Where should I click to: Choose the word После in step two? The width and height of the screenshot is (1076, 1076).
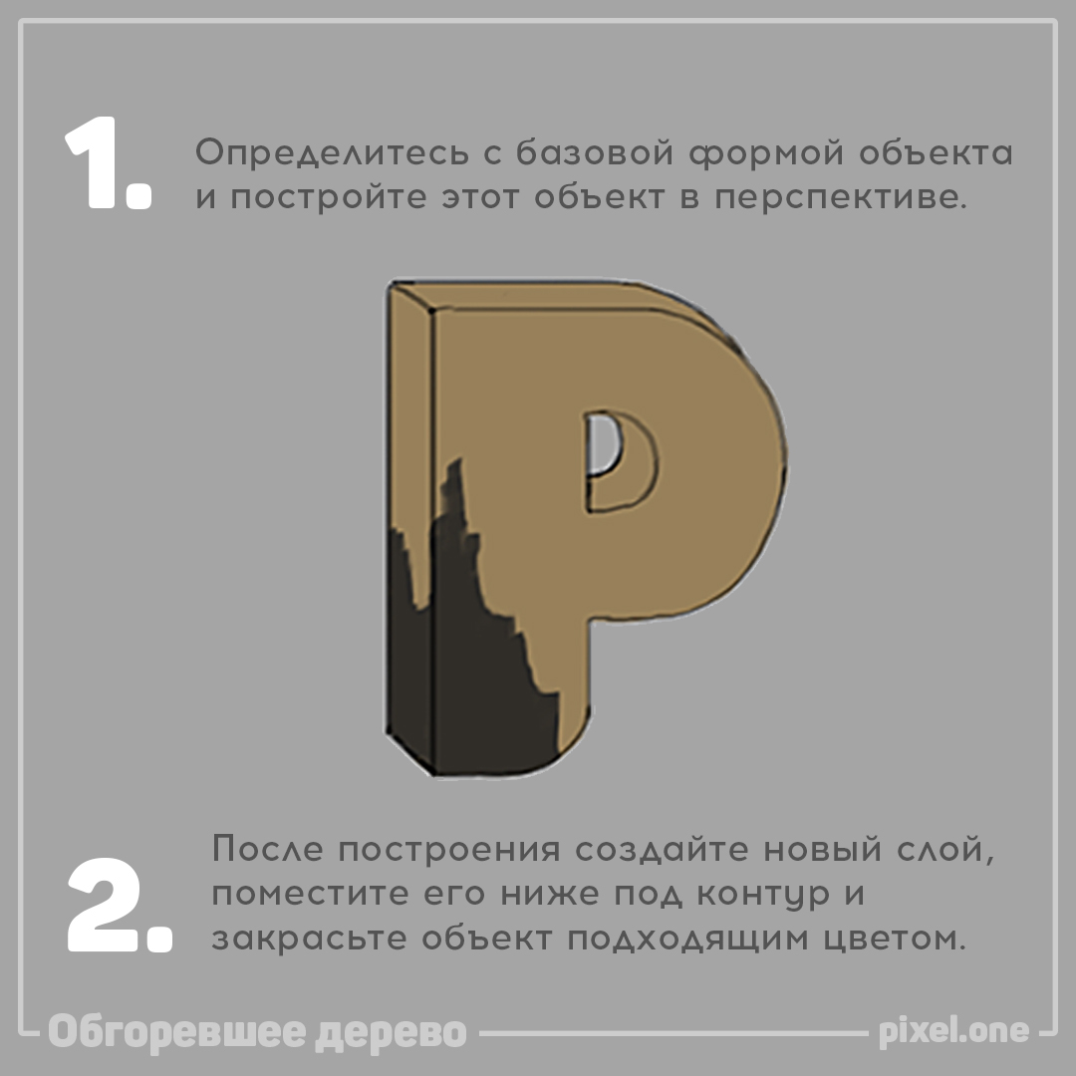(x=268, y=852)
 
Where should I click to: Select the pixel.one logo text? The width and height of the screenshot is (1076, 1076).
(x=953, y=1032)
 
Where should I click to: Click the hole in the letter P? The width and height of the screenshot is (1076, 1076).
(x=603, y=443)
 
